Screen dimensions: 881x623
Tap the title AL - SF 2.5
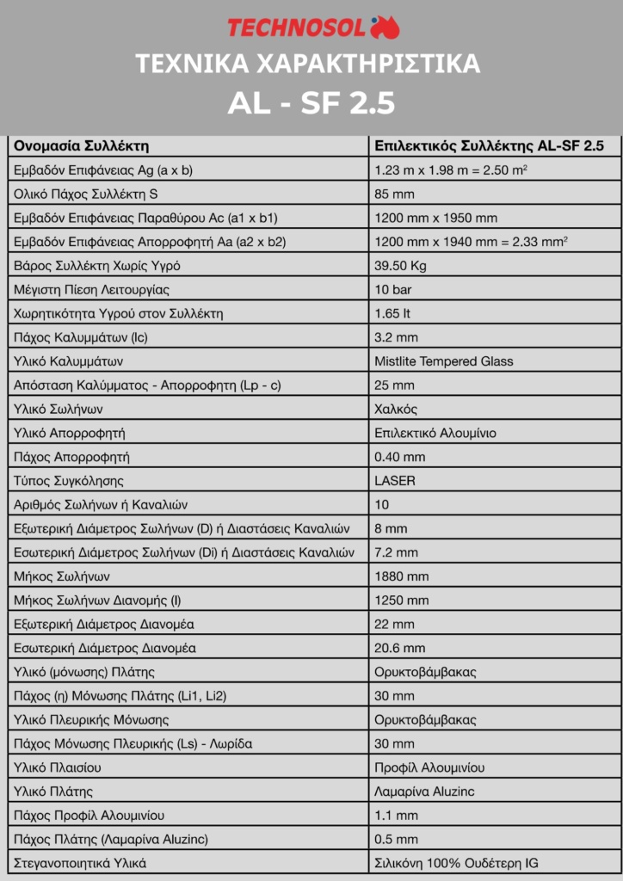click(311, 103)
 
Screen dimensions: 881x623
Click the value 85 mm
click(394, 194)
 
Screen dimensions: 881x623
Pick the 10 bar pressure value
click(395, 289)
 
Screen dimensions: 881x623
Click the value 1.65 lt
click(392, 313)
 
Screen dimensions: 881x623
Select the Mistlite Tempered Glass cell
click(444, 360)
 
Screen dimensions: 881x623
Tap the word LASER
click(395, 480)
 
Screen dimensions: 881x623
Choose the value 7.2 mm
click(397, 551)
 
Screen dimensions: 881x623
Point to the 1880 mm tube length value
click(401, 576)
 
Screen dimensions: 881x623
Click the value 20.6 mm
click(400, 647)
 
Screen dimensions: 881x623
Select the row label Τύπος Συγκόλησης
click(69, 480)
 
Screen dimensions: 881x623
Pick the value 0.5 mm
click(397, 838)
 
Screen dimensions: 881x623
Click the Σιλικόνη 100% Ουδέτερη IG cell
click(457, 862)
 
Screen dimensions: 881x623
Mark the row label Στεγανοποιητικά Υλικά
click(80, 862)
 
